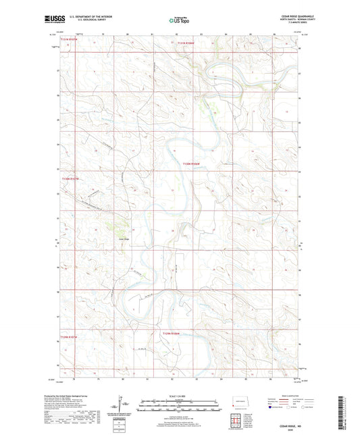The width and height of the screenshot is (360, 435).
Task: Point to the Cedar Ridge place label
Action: (x=123, y=238)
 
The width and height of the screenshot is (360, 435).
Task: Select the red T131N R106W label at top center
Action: (x=186, y=43)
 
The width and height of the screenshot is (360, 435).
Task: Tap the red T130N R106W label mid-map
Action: (x=192, y=163)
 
